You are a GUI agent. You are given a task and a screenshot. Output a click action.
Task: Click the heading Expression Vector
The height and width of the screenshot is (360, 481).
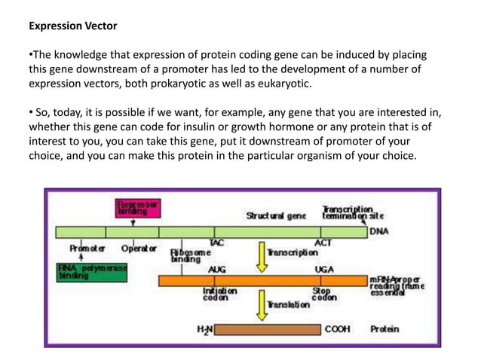coord(72,26)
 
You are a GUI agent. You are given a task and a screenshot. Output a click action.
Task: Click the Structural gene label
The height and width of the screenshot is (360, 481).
coord(276,216)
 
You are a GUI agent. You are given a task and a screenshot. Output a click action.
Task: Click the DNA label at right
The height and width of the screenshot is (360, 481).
coord(379,231)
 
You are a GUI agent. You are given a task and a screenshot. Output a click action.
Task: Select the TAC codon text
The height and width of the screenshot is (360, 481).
coord(216,243)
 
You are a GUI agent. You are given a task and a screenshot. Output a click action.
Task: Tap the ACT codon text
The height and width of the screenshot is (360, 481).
coord(323,243)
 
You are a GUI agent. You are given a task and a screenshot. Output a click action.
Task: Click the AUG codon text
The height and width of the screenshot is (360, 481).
coord(216,269)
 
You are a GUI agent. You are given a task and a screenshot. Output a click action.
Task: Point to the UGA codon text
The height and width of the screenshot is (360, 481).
coord(324,269)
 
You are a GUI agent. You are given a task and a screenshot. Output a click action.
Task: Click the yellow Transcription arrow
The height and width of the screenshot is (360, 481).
coord(262,254)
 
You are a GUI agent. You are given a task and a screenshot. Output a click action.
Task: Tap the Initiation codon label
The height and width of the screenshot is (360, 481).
coord(219,294)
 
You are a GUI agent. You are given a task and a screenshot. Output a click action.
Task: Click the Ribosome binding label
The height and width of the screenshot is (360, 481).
coord(185,255)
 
